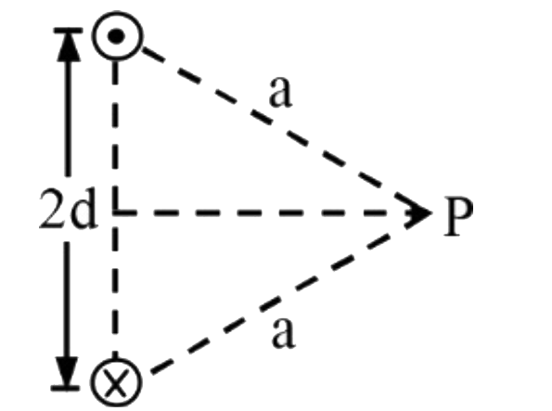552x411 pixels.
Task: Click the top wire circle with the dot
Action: [x=118, y=14]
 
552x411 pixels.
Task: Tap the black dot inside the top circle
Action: [x=117, y=36]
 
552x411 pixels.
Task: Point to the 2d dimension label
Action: [x=68, y=209]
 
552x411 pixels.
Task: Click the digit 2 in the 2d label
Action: [x=53, y=209]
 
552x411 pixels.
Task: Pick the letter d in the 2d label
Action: [x=83, y=209]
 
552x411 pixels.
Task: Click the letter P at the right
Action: [x=458, y=216]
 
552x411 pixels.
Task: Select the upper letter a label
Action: [x=280, y=92]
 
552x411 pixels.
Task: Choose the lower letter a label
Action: [x=283, y=334]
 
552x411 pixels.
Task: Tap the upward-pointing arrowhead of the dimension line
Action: [x=69, y=45]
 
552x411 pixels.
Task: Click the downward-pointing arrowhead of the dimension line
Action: [x=67, y=370]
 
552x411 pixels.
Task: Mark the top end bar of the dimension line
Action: [x=68, y=31]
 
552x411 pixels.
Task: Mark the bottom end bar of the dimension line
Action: [x=66, y=388]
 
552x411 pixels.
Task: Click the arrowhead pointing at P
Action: [x=418, y=212]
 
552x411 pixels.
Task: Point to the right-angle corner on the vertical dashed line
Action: [x=115, y=212]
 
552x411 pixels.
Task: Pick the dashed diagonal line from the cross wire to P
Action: [x=270, y=305]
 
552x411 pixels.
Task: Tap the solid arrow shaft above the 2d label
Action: [x=69, y=118]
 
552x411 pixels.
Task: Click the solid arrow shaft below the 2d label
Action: [x=67, y=300]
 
